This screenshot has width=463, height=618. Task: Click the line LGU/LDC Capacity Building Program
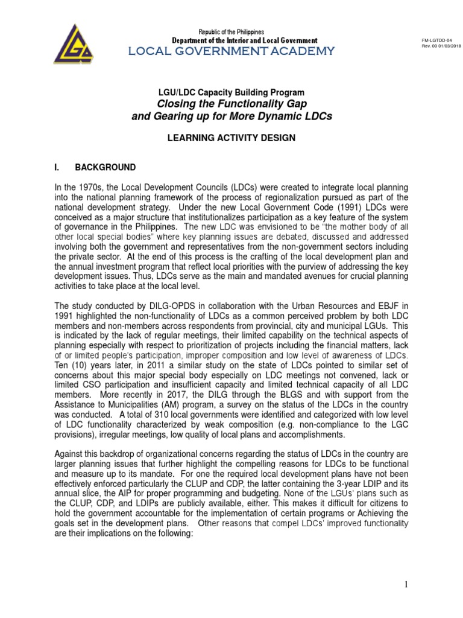click(231, 92)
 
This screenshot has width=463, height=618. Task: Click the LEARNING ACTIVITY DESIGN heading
click(231, 138)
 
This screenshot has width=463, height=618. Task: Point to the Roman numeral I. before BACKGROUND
click(57, 167)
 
